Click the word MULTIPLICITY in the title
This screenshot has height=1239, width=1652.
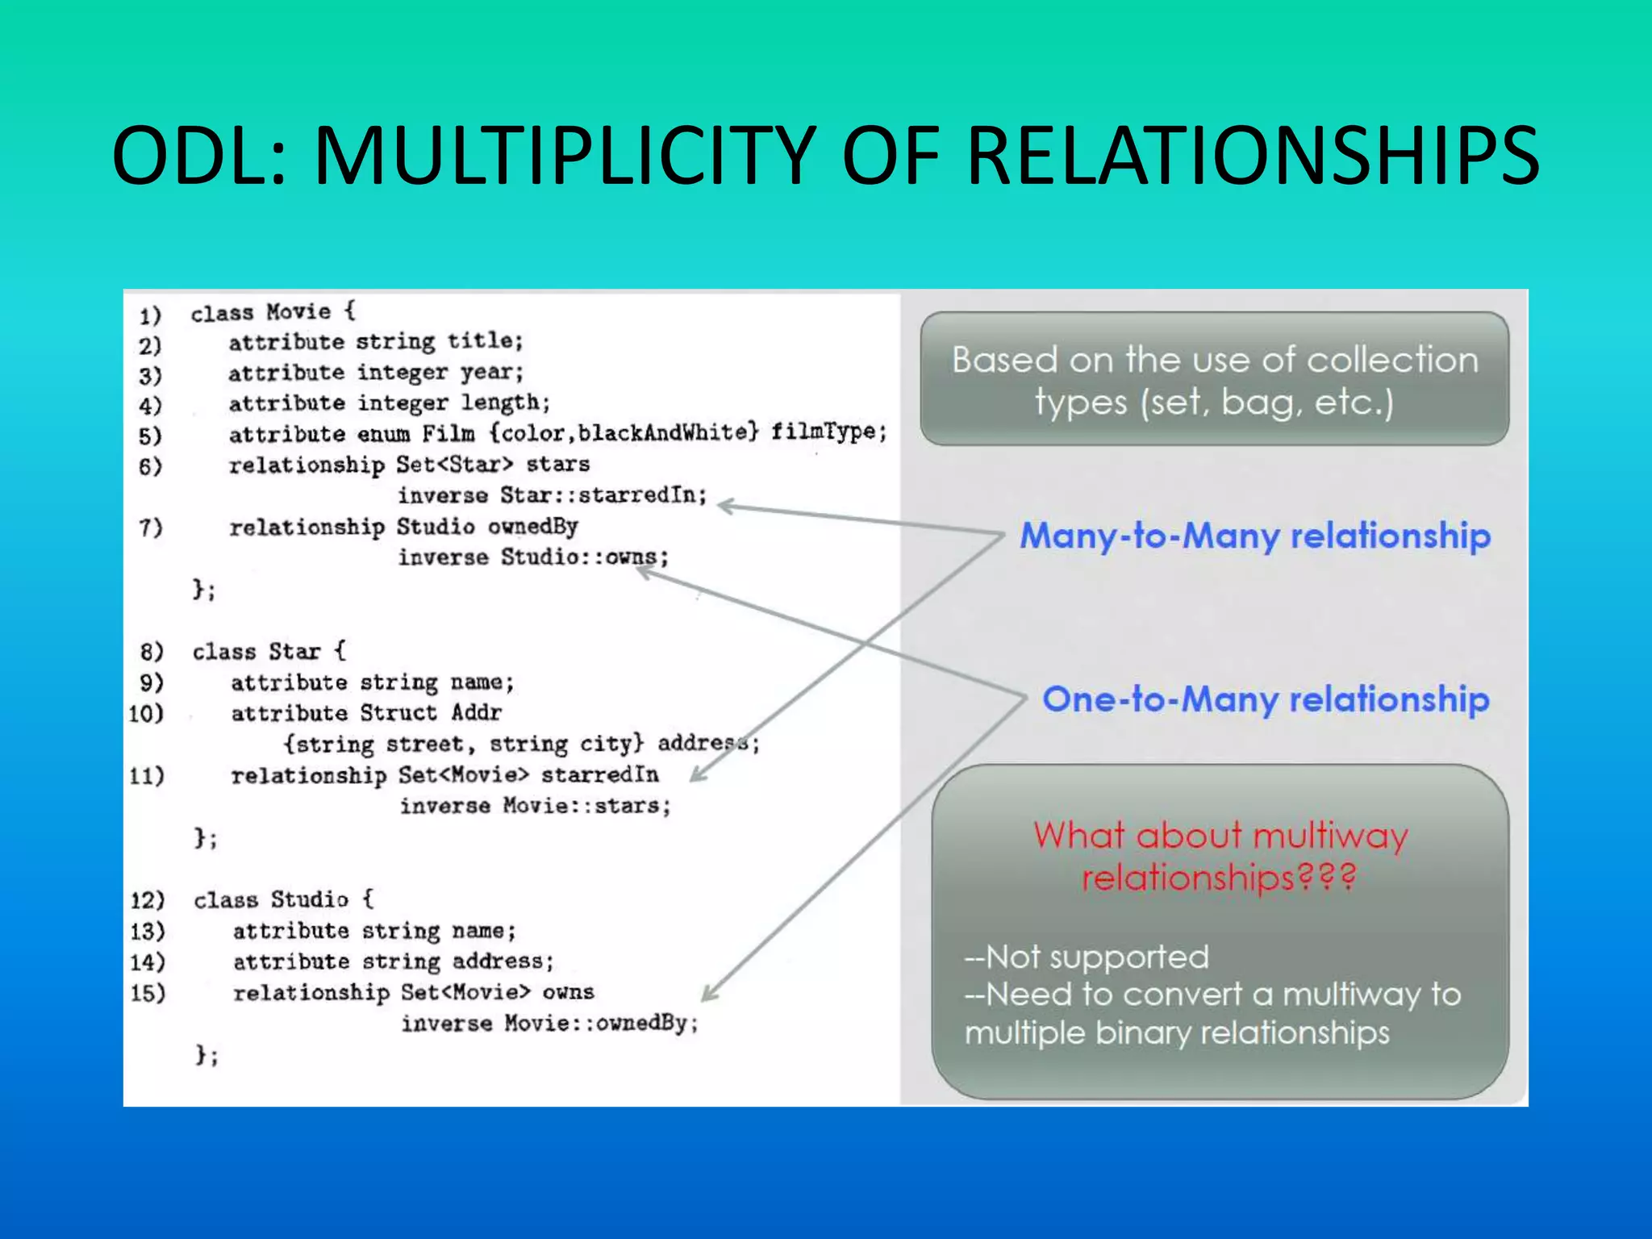pyautogui.click(x=565, y=155)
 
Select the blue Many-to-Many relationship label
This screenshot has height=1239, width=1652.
pyautogui.click(x=1255, y=536)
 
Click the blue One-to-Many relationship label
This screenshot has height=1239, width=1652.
pyautogui.click(x=1266, y=700)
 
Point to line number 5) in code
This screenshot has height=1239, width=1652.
pyautogui.click(x=150, y=436)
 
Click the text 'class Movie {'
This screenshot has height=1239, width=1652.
pyautogui.click(x=273, y=312)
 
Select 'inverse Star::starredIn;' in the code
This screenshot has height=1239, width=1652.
pyautogui.click(x=552, y=494)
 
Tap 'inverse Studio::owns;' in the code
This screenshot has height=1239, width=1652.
pyautogui.click(x=533, y=557)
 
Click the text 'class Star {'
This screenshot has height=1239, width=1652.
pyautogui.click(x=269, y=651)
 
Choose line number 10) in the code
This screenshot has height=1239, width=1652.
pyautogui.click(x=147, y=713)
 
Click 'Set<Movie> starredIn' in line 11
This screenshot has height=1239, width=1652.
pyautogui.click(x=528, y=775)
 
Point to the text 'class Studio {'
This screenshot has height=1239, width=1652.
pyautogui.click(x=283, y=899)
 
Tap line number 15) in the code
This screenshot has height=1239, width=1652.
pyautogui.click(x=148, y=993)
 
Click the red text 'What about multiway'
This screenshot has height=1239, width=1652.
pyautogui.click(x=1220, y=836)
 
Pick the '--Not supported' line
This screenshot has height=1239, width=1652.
pyautogui.click(x=1087, y=957)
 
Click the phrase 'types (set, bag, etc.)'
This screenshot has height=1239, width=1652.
pyautogui.click(x=1214, y=402)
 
